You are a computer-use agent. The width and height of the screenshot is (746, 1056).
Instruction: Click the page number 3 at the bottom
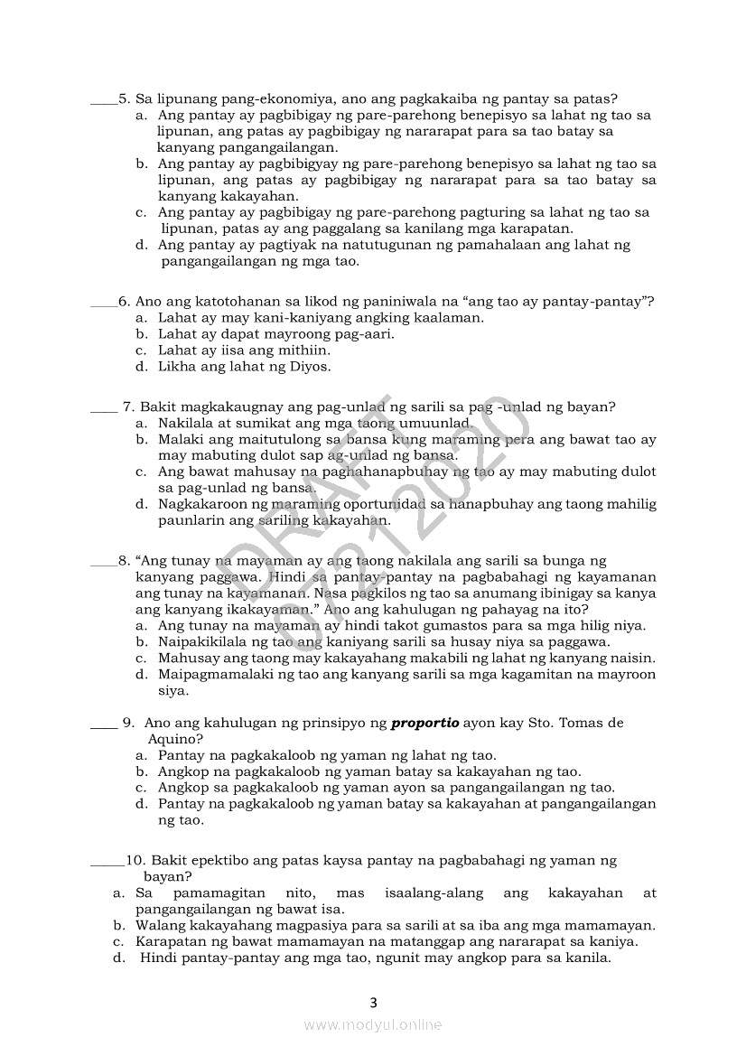tap(373, 1002)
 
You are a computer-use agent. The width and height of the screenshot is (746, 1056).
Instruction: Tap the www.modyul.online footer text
tap(373, 1024)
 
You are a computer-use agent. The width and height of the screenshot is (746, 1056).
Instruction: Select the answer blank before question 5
tap(104, 101)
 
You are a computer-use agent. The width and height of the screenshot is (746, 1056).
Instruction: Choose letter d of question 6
tap(142, 367)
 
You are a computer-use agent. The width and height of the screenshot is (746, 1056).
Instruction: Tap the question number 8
tap(125, 561)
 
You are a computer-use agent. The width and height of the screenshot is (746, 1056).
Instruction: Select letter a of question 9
tap(142, 755)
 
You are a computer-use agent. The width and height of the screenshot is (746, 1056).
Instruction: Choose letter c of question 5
tap(142, 213)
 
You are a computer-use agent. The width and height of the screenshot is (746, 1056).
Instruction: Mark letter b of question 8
tap(142, 642)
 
